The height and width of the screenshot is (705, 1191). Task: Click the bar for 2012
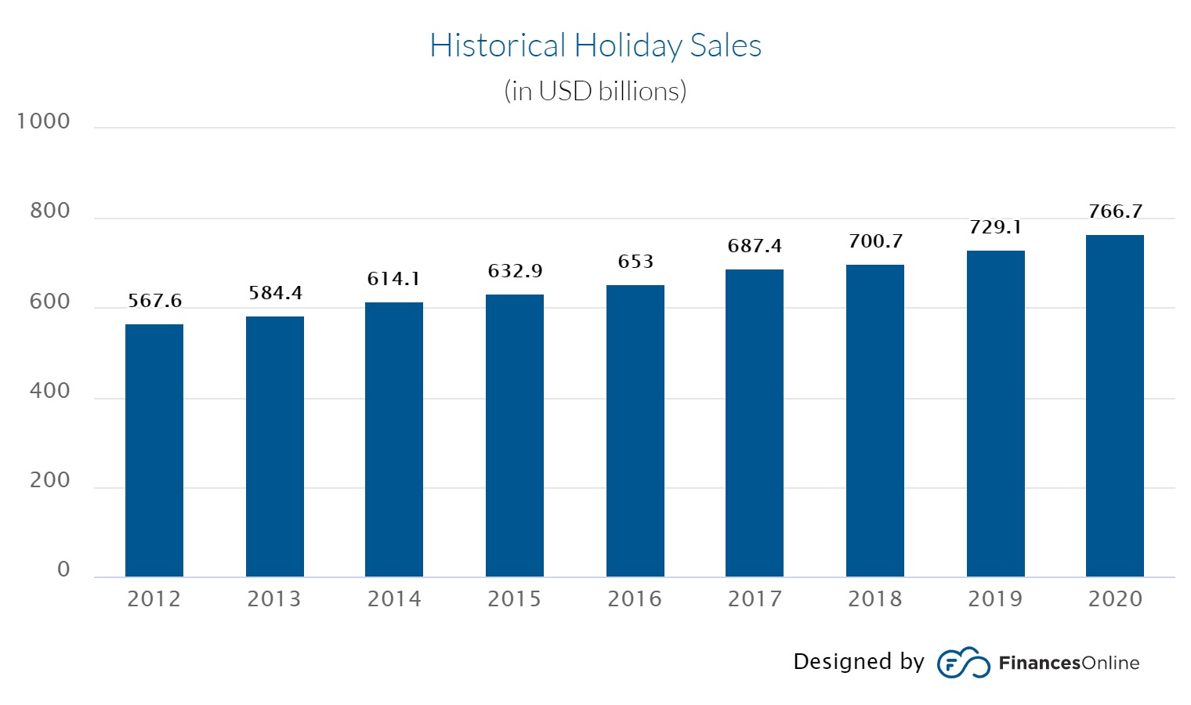(154, 450)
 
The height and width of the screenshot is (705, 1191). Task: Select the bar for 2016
(635, 431)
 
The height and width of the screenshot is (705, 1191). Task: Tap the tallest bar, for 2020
(1114, 406)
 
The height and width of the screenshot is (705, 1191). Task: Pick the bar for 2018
(874, 421)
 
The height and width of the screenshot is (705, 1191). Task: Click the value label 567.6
(154, 301)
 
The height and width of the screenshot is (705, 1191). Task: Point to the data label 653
(635, 262)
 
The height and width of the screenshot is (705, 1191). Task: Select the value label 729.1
(995, 227)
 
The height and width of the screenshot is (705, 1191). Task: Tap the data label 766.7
(1115, 211)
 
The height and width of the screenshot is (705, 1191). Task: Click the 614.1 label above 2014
(393, 279)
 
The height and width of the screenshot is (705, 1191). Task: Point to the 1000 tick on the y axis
(44, 121)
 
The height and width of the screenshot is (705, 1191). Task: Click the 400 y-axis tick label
(49, 391)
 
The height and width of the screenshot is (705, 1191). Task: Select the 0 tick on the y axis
(63, 569)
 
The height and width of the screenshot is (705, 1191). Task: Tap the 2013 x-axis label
(274, 599)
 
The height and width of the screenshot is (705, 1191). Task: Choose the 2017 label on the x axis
(755, 599)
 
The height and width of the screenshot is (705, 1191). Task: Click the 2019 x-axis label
(995, 599)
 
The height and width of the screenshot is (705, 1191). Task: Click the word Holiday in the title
(628, 45)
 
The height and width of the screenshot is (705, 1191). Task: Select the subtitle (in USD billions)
(595, 91)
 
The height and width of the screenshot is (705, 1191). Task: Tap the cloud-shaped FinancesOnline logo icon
(963, 663)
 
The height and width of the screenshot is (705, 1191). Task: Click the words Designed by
(858, 662)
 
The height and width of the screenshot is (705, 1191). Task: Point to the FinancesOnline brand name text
(1069, 663)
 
